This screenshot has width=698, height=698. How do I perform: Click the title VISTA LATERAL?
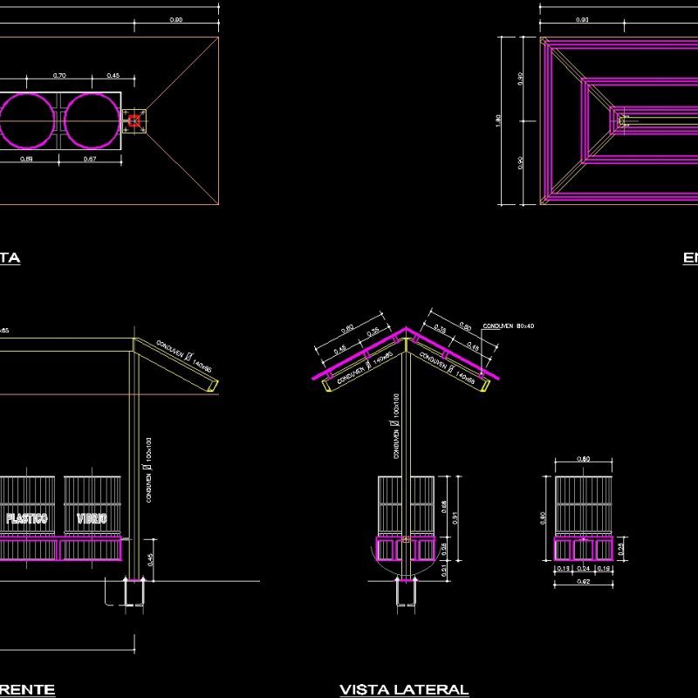[404, 689]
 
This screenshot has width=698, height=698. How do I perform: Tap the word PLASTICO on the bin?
[27, 518]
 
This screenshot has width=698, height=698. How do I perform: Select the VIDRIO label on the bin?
[92, 518]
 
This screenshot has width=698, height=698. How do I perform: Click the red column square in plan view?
[133, 120]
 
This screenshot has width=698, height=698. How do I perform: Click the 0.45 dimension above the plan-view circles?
[113, 76]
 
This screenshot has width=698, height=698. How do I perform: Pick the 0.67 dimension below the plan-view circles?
[89, 160]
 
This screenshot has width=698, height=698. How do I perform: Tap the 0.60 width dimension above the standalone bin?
[584, 459]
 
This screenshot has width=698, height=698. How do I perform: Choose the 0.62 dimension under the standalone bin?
[583, 581]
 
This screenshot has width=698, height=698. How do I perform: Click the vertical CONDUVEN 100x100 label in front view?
[149, 471]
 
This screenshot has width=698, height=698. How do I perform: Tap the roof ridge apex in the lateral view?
[406, 330]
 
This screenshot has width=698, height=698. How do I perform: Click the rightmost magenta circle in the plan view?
[91, 120]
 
